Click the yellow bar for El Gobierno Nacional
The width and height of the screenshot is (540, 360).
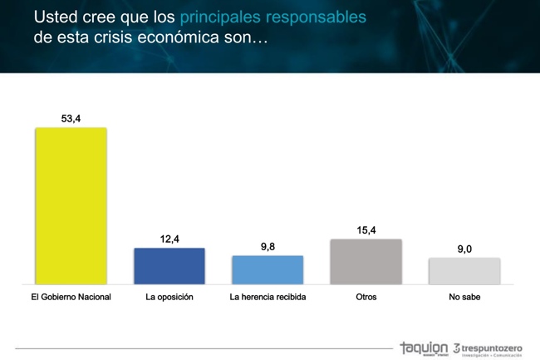71,206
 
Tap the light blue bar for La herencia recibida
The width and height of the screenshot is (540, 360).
268,270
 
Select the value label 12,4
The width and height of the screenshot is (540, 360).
169,239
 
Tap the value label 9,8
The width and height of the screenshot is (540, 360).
268,247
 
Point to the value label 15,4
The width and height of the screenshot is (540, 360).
366,230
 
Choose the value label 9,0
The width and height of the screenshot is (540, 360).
464,249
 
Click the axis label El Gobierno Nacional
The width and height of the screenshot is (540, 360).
71,296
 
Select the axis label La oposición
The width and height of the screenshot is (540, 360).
169,296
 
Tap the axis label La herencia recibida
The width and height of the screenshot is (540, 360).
268,296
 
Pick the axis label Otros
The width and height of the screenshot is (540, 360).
366,296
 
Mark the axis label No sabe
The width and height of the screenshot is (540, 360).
464,296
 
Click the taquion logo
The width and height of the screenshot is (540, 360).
423,347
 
